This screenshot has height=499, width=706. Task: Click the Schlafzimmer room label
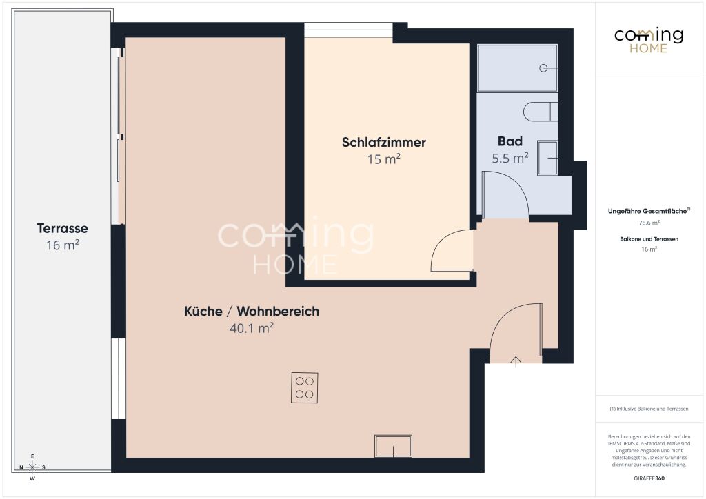point(383,143)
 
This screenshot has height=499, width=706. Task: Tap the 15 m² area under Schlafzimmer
point(383,159)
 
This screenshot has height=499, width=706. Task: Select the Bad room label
point(510,141)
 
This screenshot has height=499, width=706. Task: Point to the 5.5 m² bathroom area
point(510,158)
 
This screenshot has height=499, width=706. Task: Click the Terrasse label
point(63,228)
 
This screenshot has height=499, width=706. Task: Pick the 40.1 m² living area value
point(252,328)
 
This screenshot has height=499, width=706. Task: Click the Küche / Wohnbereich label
point(252,312)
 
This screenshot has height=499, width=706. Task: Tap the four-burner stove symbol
point(304,387)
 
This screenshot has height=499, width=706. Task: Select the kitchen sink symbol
point(393,446)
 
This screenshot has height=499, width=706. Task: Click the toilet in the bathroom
point(541,112)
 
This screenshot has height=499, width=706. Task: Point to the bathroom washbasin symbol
point(547,158)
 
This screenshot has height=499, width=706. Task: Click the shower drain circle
point(543,68)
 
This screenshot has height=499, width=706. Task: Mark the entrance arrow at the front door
point(516,362)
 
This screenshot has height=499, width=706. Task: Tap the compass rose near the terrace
point(32,467)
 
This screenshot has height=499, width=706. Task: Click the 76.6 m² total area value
point(649,223)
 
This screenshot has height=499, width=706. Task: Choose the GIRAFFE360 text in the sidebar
point(649,478)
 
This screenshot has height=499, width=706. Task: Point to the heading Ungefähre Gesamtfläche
point(649,211)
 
